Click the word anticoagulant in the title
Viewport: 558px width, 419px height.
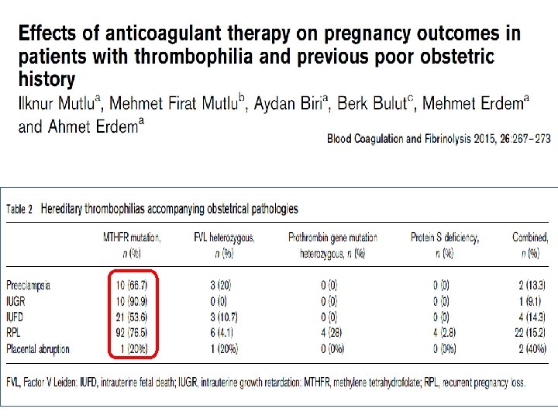coord(163,33)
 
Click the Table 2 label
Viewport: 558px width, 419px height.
coord(19,209)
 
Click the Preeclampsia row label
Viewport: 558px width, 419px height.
coord(29,286)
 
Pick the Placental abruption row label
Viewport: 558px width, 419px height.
coord(38,349)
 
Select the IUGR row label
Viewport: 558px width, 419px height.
coord(15,301)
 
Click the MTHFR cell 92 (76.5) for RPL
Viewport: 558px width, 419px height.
coord(131,333)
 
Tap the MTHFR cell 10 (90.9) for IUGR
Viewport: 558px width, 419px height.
coord(131,301)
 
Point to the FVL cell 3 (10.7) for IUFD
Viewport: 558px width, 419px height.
coord(224,317)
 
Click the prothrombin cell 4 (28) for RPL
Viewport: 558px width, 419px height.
coord(331,333)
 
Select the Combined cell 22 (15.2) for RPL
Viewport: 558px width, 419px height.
coord(530,333)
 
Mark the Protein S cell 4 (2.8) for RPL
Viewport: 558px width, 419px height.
coord(445,333)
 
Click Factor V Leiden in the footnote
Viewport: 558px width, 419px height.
coord(50,383)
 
